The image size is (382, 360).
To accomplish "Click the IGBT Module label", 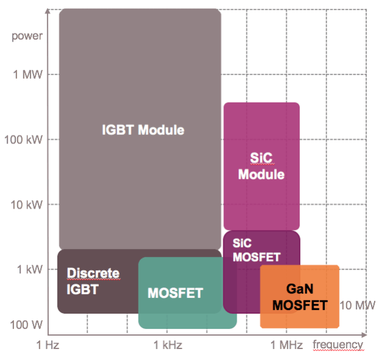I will tap(143, 129).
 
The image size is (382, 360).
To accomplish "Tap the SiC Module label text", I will tap(261, 166).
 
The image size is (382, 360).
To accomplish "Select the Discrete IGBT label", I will tap(93, 281).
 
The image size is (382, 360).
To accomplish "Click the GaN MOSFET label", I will tap(300, 297).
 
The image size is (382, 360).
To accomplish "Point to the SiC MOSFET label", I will tap(256, 249).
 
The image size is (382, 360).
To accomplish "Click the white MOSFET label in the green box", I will tap(175, 293).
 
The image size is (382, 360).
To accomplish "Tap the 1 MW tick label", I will tap(28, 75).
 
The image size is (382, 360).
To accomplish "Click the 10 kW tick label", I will tap(27, 204).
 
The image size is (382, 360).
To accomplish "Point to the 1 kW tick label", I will tap(29, 269).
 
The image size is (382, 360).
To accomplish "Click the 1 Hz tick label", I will tap(48, 345).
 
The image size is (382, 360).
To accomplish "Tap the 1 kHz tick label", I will tap(168, 345).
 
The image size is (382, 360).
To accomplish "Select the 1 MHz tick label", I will tap(287, 345).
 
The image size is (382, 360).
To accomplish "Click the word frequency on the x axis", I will tap(338, 345).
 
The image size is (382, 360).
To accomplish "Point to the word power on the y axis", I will tap(27, 35).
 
